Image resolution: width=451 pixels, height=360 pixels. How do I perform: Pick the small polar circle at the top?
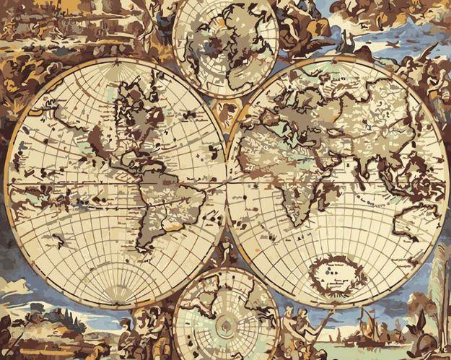[226, 47]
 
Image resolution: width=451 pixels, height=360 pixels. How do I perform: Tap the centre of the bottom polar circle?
[225, 317]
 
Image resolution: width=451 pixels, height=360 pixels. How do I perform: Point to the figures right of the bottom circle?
[299, 325]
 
